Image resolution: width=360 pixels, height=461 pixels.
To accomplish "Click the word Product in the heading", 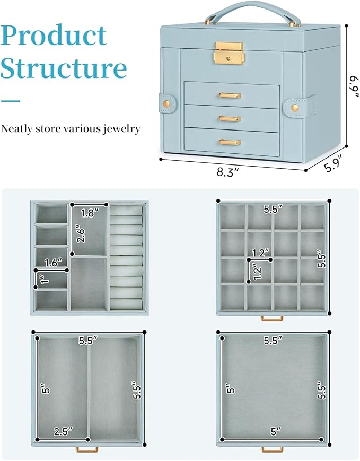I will pos(54,36).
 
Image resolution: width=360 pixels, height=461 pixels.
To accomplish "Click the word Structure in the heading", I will pos(64,69).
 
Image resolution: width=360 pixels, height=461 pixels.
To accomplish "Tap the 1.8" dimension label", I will pos(90,213).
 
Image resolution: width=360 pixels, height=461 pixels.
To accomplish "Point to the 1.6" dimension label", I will pos(52,262).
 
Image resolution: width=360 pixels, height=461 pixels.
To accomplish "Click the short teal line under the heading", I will pos(10,100).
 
